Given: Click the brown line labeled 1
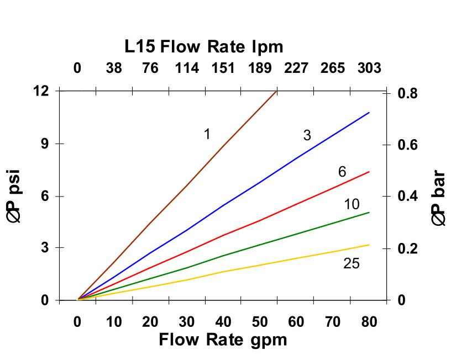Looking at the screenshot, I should point(187,182).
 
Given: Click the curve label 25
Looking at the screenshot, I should point(351,264).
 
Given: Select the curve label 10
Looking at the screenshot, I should point(352,205).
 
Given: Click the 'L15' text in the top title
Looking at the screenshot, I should point(140,46).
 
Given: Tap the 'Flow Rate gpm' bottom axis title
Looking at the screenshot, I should point(223,339).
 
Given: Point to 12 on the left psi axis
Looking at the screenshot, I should point(40,91).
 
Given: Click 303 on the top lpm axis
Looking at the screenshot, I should point(369,68).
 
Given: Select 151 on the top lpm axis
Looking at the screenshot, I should point(223,68).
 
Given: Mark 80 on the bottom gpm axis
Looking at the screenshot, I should point(369,322).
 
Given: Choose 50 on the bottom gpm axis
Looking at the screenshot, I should point(259,322).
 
